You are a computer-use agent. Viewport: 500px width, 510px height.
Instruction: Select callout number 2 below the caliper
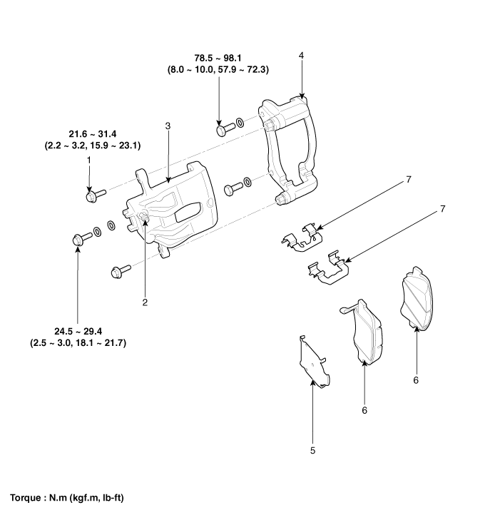pos(145,302)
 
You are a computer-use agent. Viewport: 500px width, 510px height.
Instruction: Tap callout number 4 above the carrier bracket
pos(302,55)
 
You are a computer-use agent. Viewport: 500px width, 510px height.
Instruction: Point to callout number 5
pos(312,450)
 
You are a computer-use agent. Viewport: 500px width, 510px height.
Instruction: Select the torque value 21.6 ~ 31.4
pos(92,133)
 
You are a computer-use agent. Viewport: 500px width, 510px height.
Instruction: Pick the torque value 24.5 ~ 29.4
pos(78,331)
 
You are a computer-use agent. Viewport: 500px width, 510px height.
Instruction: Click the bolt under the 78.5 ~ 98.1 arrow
pos(223,129)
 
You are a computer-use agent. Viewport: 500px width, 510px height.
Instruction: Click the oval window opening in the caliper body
pos(190,210)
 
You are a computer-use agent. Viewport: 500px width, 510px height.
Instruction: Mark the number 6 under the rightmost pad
pos(416,380)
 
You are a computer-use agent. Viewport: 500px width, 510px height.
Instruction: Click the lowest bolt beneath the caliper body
pos(119,271)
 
